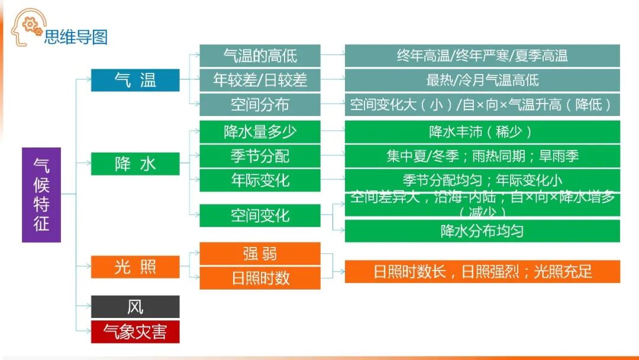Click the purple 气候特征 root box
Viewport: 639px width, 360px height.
click(x=41, y=195)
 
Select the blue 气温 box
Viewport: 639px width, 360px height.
click(x=135, y=80)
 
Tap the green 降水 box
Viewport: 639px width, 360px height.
click(x=135, y=163)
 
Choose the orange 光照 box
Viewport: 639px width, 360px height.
click(x=135, y=267)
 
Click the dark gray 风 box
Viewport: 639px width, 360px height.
click(x=135, y=307)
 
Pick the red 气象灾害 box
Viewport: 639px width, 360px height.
click(x=135, y=332)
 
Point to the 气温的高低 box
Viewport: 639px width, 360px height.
click(x=260, y=56)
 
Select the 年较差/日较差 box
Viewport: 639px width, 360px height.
click(x=260, y=80)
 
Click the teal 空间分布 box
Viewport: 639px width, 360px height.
click(x=260, y=105)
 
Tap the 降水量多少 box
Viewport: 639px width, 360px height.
click(x=260, y=131)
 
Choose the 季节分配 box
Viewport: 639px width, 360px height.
click(x=260, y=156)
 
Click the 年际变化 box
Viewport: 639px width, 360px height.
click(x=260, y=180)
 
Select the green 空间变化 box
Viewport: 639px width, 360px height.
click(x=260, y=216)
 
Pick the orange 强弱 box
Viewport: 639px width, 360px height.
click(x=260, y=253)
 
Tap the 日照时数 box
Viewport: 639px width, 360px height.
click(x=260, y=278)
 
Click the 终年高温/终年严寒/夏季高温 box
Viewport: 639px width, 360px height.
click(x=482, y=56)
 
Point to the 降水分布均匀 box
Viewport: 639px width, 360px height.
click(x=482, y=231)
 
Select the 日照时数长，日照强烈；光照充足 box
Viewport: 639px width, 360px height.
click(x=482, y=272)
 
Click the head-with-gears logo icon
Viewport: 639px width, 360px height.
click(x=27, y=27)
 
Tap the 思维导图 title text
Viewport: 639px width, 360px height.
click(x=76, y=37)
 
